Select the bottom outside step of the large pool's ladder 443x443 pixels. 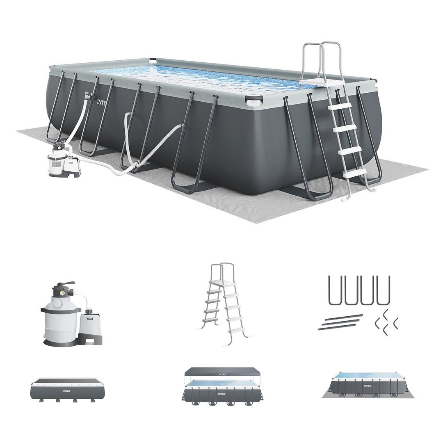[355, 174]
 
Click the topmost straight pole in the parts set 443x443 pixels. [344, 317]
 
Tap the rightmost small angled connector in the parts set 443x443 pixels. [395, 323]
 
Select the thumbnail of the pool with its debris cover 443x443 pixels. [67, 389]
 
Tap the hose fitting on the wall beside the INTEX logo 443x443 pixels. [87, 96]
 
